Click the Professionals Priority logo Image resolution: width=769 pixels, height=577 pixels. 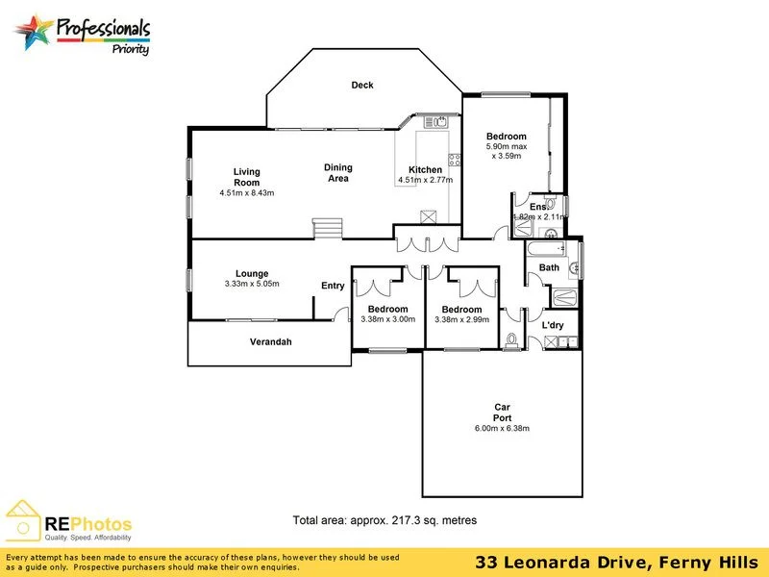click(x=85, y=35)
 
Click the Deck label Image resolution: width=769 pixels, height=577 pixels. click(x=362, y=86)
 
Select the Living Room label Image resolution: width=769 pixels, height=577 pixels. click(x=247, y=177)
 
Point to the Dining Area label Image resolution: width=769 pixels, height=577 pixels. click(x=337, y=172)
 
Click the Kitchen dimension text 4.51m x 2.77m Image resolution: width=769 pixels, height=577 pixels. click(x=425, y=180)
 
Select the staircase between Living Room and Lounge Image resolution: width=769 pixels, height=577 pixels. click(x=328, y=229)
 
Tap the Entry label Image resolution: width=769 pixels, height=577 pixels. click(x=333, y=286)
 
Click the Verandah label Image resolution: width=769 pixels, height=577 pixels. click(x=270, y=342)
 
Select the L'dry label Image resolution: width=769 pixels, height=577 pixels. click(x=552, y=326)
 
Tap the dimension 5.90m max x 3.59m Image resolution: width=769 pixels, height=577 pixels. click(x=506, y=151)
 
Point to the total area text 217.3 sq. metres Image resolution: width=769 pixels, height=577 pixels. click(x=384, y=520)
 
